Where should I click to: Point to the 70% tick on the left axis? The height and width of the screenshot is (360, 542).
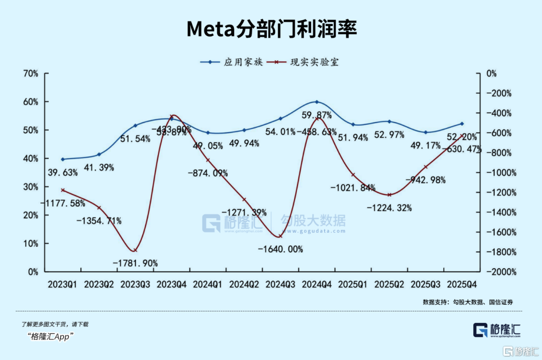point(31,73)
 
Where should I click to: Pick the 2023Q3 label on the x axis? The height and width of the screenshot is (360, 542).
point(135,284)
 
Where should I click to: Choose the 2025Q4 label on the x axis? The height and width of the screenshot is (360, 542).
point(462,284)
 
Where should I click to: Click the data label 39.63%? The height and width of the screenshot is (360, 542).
point(63,173)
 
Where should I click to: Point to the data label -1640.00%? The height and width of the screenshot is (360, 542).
point(281,249)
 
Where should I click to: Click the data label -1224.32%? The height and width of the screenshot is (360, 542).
point(389,207)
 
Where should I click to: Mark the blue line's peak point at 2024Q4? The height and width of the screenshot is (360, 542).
point(317,102)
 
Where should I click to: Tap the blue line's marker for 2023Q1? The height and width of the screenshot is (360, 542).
point(63,159)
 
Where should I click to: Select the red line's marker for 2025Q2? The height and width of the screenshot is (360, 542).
point(389,195)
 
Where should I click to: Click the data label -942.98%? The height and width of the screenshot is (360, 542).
point(426,180)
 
